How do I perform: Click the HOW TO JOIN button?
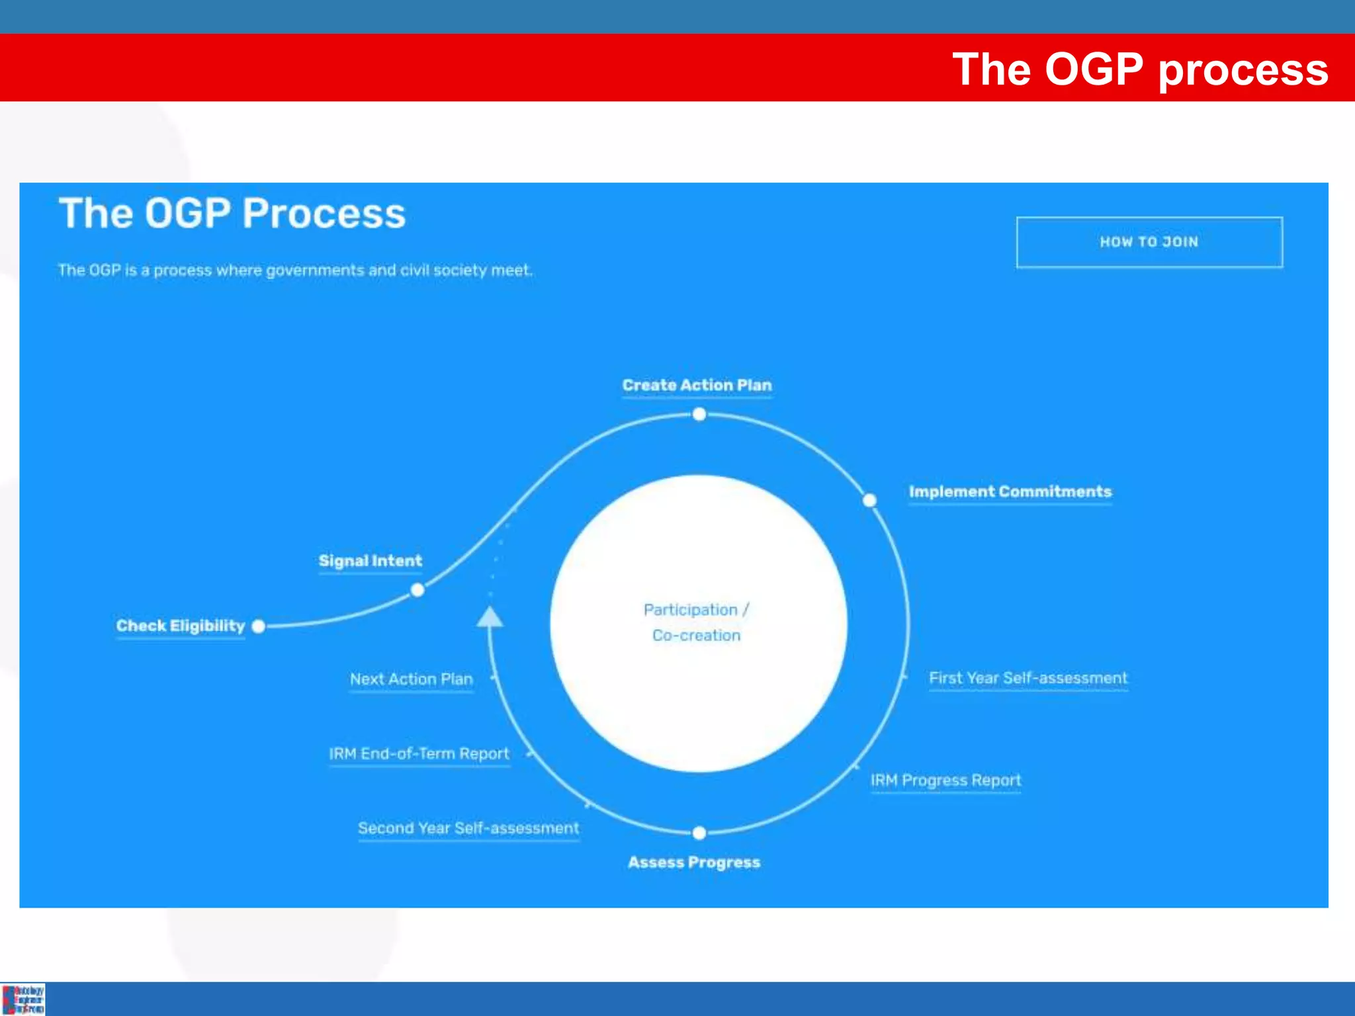1149,242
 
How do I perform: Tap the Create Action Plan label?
697,385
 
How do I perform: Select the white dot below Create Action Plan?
699,415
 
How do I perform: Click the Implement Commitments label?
1010,491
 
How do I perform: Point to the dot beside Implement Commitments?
870,500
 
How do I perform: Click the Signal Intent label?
370,561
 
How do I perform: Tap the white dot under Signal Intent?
417,590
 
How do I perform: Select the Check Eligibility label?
180,626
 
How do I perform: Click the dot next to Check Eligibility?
259,626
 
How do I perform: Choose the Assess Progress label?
694,862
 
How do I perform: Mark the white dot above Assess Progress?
699,833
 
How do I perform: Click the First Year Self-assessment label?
1027,678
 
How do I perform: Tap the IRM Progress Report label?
945,781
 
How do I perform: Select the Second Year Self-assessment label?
468,828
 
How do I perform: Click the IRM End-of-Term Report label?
419,753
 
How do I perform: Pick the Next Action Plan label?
412,679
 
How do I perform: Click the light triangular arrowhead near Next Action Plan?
490,617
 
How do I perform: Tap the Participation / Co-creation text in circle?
697,622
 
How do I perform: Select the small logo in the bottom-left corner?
24,999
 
